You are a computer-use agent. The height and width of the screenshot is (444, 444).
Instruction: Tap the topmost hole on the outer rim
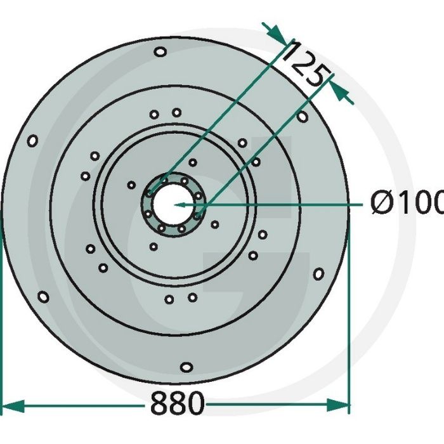160,51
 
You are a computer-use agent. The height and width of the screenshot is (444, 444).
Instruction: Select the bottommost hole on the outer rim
186,367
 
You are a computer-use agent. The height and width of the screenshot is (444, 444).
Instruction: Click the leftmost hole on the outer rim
32,140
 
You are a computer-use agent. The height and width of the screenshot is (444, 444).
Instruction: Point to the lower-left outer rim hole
43,296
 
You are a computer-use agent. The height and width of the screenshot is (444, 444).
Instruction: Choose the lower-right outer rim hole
318,273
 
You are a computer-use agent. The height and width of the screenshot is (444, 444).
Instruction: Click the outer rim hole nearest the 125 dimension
303,117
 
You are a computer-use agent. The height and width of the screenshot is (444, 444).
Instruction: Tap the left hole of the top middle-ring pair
154,114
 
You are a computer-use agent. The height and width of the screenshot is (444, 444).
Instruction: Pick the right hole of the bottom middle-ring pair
192,297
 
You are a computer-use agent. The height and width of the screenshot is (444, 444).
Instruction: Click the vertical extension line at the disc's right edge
349,317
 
